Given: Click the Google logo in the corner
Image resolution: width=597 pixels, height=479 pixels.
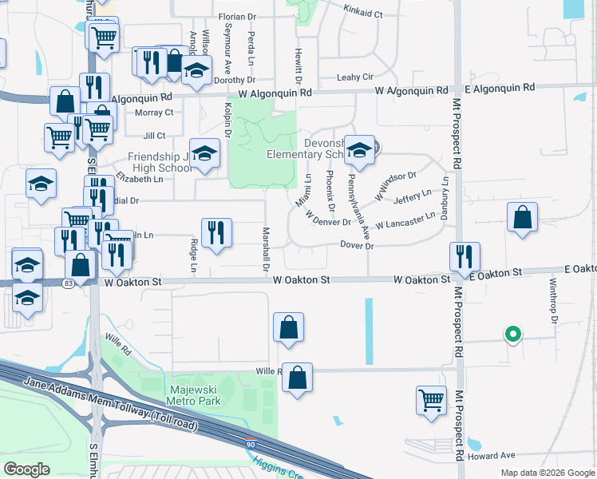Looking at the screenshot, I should pos(27,469).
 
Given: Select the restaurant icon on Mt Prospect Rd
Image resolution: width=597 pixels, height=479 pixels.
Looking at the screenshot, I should pos(465,256).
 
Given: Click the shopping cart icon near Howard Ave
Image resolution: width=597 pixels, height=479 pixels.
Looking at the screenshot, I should pos(432,399).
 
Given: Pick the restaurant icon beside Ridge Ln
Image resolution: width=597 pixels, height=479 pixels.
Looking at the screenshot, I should pos(216,232).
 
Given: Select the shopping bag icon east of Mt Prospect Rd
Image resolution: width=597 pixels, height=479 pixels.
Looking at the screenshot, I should pos(522,216).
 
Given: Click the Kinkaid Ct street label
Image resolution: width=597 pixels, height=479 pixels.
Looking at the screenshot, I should pos(363,14).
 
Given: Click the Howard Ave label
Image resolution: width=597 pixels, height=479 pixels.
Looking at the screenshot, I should pos(492,456).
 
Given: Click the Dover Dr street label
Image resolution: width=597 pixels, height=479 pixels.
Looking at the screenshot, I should pos(357,246).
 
